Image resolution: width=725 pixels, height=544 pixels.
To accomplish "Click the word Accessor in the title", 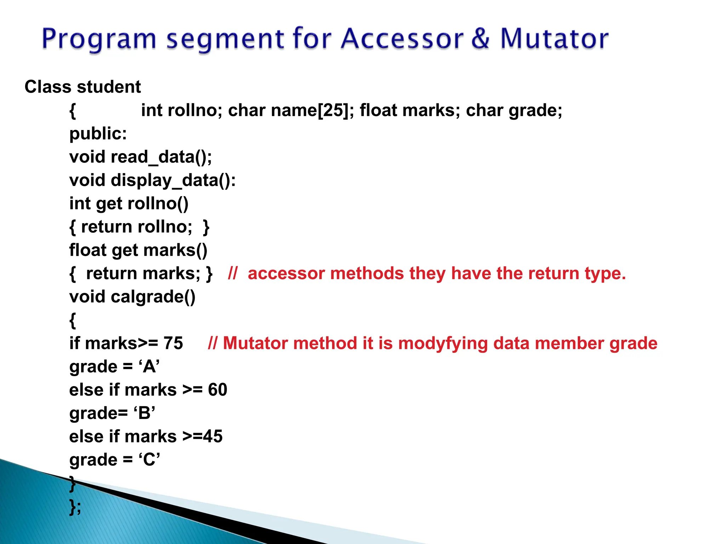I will tap(401, 39).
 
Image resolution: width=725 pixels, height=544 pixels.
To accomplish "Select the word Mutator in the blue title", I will tap(554, 39).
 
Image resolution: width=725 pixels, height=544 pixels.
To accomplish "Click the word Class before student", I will tap(48, 87).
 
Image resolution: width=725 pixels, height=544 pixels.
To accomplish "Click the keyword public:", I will tap(98, 134).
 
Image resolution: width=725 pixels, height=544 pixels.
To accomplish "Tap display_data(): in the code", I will tap(173, 181).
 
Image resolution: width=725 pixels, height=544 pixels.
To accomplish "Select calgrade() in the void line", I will tap(153, 297).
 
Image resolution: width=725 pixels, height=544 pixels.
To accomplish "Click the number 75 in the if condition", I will tap(173, 344).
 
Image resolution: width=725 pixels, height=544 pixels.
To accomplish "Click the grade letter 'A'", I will tap(149, 367).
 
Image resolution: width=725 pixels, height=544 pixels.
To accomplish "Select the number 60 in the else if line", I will tap(217, 390).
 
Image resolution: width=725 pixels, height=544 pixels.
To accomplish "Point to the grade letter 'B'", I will tap(144, 413).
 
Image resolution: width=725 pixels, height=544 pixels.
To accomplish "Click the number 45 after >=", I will tap(213, 437).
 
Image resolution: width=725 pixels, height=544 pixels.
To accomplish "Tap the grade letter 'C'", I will tap(149, 460).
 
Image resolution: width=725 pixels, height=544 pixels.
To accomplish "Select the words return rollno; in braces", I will tap(137, 227).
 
